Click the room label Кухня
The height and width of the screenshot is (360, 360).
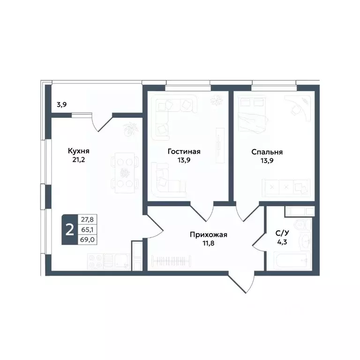[78, 151]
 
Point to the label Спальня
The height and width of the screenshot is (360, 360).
[267, 151]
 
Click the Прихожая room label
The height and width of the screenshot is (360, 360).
[208, 234]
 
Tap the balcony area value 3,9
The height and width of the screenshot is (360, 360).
[61, 105]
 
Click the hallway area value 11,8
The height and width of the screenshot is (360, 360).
[208, 243]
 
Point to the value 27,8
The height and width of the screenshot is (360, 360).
[86, 218]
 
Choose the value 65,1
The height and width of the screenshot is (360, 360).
[86, 229]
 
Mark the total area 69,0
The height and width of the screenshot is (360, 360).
[86, 240]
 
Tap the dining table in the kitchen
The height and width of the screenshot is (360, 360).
[125, 172]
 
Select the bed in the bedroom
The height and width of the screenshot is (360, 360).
[253, 115]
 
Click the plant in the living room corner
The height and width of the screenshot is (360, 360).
[217, 100]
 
